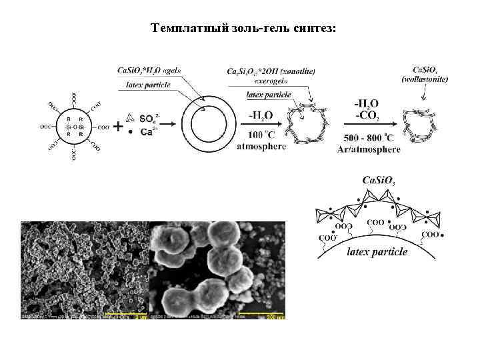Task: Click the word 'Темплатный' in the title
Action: tap(183, 28)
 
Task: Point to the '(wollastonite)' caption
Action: tap(425, 80)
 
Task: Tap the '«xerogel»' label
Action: tap(271, 81)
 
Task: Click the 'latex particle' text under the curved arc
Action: tap(377, 251)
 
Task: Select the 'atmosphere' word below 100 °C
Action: tap(261, 146)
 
